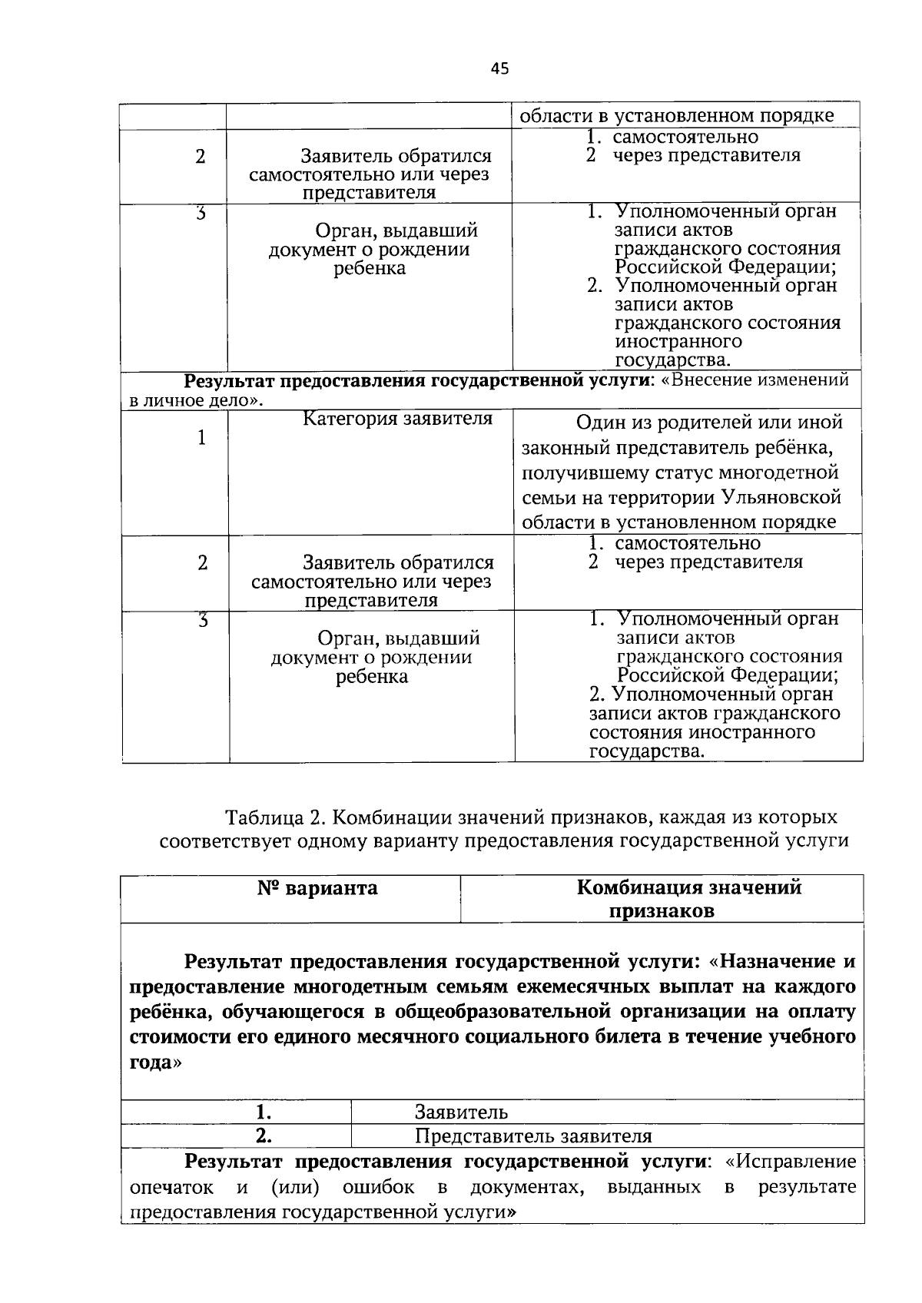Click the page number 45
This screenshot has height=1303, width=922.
(x=499, y=69)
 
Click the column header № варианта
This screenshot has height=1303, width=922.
(x=317, y=889)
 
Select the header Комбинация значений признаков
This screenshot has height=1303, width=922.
(x=688, y=899)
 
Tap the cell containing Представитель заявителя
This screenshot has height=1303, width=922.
(x=533, y=1136)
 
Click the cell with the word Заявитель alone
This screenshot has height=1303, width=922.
(x=461, y=1112)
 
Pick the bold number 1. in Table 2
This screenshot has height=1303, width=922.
(x=264, y=1112)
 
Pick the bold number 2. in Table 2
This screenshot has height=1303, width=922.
(x=264, y=1136)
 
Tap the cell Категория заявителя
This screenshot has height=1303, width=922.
(x=397, y=419)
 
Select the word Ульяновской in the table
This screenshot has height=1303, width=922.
(x=781, y=497)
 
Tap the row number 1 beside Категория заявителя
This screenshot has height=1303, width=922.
(x=201, y=438)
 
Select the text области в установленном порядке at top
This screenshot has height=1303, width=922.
(x=677, y=116)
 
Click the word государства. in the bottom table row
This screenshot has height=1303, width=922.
(x=646, y=751)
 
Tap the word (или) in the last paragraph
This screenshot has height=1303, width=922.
(x=296, y=1187)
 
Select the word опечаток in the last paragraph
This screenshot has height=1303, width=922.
(x=171, y=1187)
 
